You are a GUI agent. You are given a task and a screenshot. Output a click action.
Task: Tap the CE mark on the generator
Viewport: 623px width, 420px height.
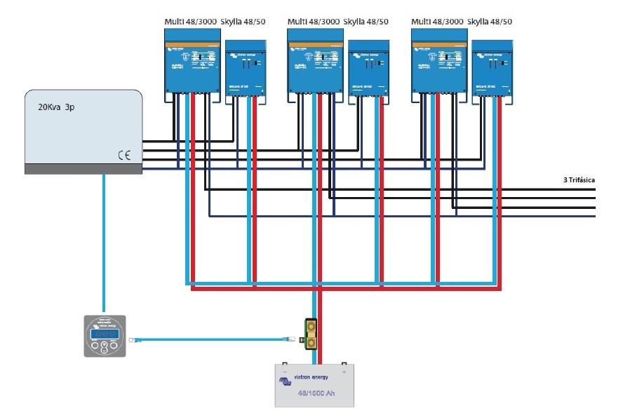click(124, 156)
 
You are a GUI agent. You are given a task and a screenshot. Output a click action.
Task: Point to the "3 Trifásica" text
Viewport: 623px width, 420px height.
click(579, 180)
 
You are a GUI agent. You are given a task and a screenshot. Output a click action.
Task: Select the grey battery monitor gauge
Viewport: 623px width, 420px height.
click(104, 337)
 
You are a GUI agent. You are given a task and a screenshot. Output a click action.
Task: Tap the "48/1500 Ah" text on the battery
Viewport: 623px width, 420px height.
click(315, 393)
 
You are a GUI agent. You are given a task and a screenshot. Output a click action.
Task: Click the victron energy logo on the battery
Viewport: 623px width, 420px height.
click(309, 379)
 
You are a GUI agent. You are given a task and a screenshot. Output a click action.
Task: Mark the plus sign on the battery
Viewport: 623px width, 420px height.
click(344, 371)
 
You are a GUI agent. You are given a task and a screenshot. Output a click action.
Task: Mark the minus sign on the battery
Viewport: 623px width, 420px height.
click(285, 371)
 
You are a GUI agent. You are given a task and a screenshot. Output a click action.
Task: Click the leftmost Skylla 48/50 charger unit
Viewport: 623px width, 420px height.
click(246, 70)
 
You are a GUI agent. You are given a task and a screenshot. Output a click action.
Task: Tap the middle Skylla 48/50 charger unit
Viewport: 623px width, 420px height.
click(369, 70)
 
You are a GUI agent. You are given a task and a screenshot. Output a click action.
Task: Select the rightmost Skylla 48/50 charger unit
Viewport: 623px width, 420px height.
click(493, 70)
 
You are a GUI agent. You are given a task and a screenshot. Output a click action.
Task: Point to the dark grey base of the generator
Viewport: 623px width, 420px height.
click(83, 169)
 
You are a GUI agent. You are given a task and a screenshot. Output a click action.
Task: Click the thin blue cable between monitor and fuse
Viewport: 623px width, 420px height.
click(210, 339)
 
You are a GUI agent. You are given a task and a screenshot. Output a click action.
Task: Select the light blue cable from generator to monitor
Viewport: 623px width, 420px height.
click(104, 245)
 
